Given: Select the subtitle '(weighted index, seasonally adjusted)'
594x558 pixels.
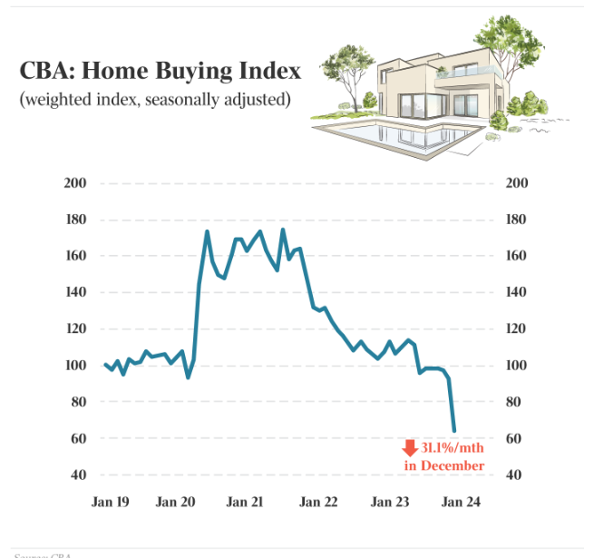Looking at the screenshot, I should [x=155, y=98].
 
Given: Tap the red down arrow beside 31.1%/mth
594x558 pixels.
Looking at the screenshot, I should [x=410, y=447].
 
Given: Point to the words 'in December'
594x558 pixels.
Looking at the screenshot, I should [x=444, y=465].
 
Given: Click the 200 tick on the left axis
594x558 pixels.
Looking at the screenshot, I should [x=74, y=183].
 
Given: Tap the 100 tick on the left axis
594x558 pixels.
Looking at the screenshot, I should [x=74, y=366].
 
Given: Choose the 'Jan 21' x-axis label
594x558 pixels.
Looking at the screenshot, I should [x=245, y=502].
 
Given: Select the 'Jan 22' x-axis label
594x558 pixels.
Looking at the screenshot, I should [x=317, y=502].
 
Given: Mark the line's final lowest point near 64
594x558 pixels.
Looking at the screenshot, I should [x=453, y=430].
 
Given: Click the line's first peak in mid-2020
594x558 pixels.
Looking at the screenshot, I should [x=207, y=231].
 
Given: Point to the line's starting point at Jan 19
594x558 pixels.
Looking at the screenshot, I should [x=105, y=364].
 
